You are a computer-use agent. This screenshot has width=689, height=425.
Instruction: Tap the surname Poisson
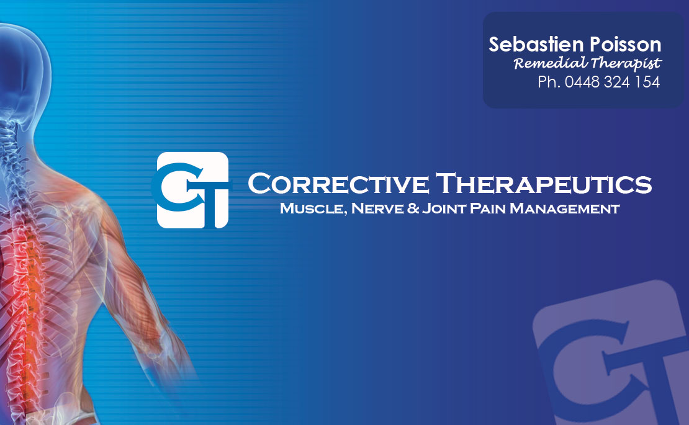tap(625, 44)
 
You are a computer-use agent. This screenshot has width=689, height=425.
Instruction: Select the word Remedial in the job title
tap(550, 63)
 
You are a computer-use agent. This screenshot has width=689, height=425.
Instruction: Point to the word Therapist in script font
tap(626, 64)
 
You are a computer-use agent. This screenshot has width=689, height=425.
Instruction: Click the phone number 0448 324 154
tap(612, 82)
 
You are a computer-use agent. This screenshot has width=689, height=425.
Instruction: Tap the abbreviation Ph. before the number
tap(549, 82)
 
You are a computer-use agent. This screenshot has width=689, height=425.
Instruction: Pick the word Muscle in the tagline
tap(313, 208)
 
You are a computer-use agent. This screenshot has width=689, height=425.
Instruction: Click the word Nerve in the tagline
tap(377, 208)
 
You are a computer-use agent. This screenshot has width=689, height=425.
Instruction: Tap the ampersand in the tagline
tap(413, 208)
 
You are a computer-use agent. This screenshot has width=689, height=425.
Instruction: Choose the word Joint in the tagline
tap(444, 208)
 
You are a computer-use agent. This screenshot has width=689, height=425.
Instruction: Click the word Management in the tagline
tap(565, 208)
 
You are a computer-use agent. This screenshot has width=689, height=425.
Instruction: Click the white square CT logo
tap(192, 190)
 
